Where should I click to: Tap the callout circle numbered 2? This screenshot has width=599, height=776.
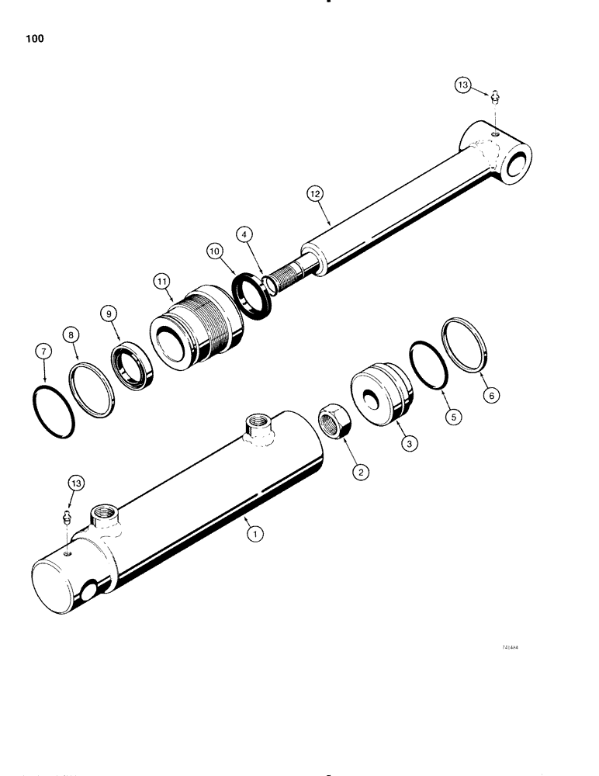(x=358, y=470)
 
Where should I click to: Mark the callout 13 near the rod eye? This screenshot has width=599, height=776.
(x=463, y=86)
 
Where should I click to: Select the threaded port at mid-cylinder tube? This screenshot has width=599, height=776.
(x=257, y=426)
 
